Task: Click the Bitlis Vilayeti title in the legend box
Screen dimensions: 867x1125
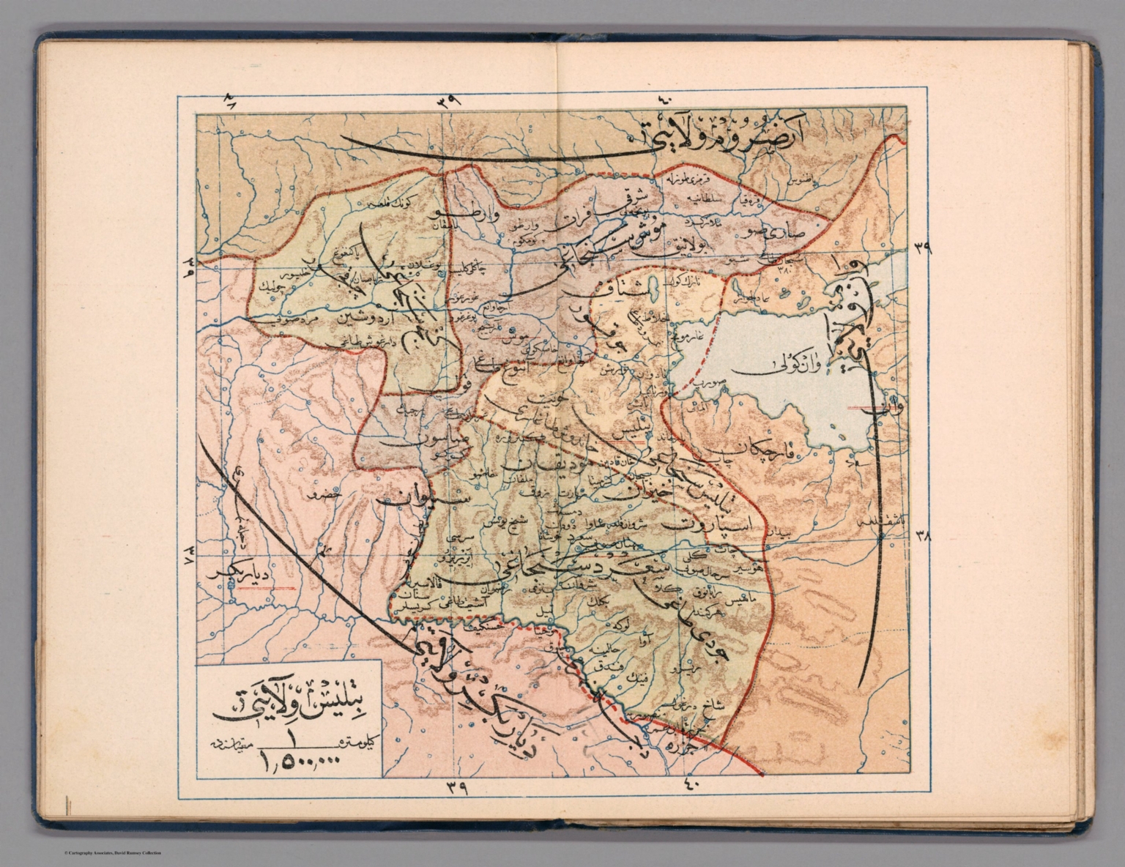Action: [x=289, y=710]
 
